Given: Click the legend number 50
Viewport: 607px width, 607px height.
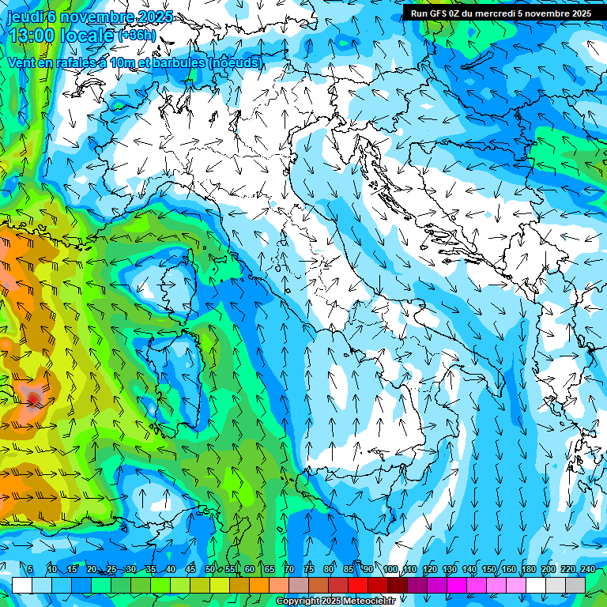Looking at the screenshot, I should (x=210, y=570).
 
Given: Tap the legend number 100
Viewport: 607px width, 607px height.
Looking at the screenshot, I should (x=390, y=570).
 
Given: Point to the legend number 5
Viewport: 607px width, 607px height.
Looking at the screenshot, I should (x=30, y=570).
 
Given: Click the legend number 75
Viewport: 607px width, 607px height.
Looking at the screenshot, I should (x=309, y=570).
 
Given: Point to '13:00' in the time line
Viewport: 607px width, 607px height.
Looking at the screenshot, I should (x=31, y=36).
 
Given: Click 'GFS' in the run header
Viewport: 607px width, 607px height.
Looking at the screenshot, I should (x=439, y=13).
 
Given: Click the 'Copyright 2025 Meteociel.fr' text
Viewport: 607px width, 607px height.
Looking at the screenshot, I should (x=341, y=601).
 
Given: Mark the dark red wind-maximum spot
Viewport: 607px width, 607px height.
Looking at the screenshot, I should (x=34, y=397).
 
